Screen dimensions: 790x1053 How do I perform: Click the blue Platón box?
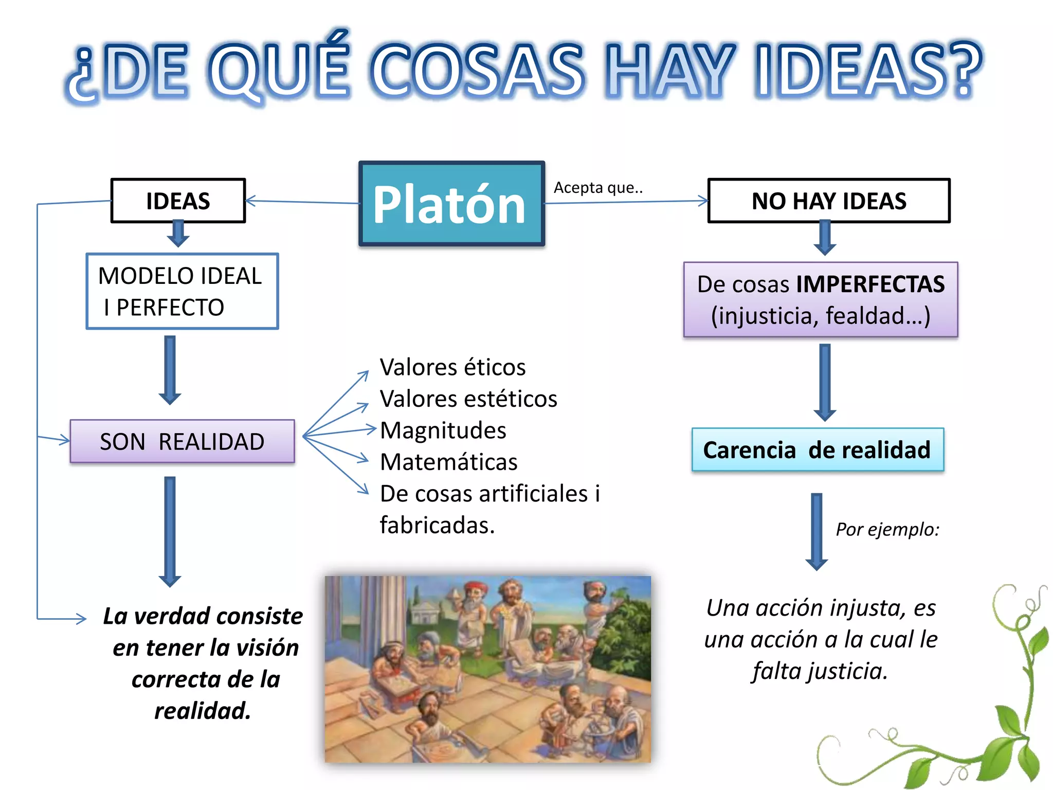(x=451, y=204)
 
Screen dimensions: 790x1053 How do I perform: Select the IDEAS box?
(x=178, y=201)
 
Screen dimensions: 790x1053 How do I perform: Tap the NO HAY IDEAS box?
(x=828, y=201)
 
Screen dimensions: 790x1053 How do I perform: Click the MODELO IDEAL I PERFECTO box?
(x=182, y=291)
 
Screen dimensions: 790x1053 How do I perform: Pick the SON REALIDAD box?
(x=182, y=442)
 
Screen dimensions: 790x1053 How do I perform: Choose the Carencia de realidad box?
(x=817, y=450)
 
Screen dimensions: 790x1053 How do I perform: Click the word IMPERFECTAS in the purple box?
(x=870, y=284)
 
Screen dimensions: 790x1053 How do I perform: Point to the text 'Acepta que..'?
(x=598, y=188)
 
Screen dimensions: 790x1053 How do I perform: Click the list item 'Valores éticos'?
(x=452, y=367)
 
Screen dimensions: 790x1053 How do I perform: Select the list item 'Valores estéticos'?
(x=468, y=399)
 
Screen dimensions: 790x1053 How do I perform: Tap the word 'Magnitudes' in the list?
(x=443, y=430)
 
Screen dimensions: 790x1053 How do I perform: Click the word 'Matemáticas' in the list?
(x=448, y=462)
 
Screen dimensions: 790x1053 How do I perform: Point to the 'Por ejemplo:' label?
(x=887, y=529)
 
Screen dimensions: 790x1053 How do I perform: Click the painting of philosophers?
(x=487, y=669)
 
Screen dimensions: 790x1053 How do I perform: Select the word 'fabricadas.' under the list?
(x=437, y=525)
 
